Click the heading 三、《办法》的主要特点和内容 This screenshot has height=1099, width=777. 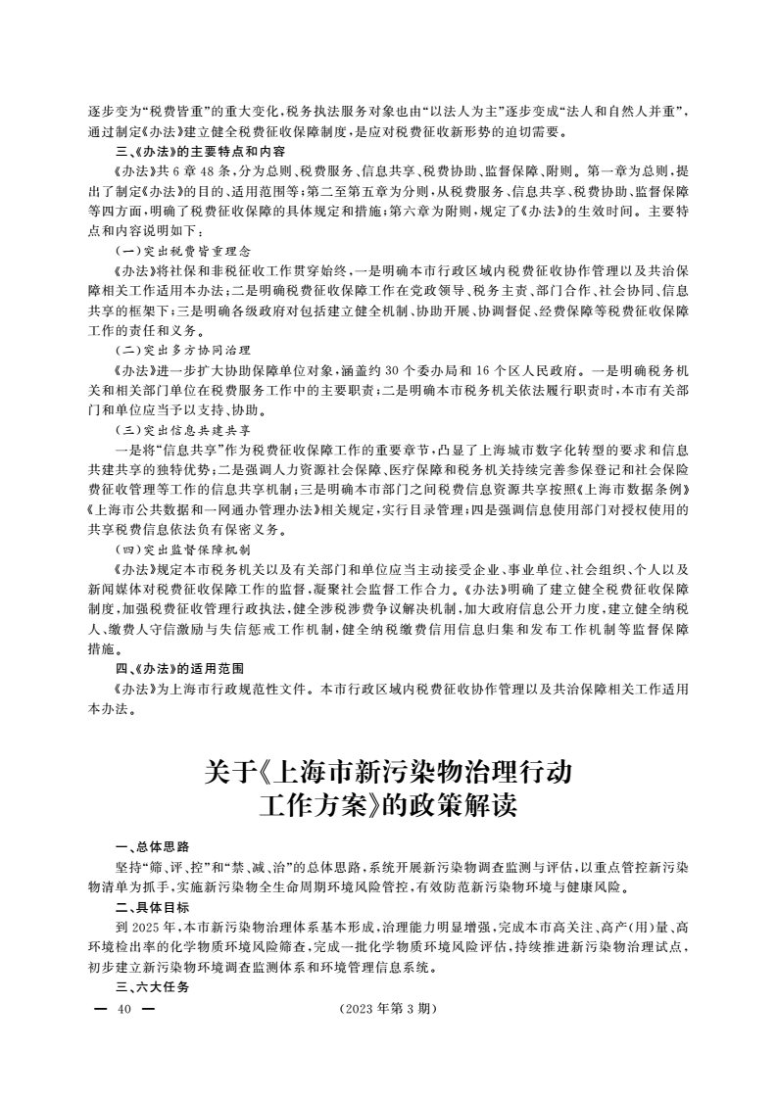click(200, 152)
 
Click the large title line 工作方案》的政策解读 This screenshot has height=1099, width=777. click(387, 809)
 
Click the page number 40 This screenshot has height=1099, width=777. click(122, 1010)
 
